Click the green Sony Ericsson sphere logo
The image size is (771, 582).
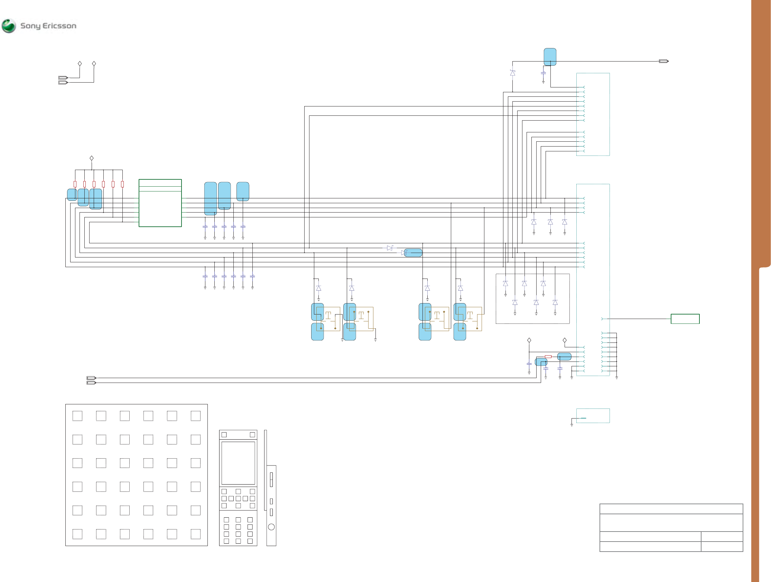[x=9, y=26]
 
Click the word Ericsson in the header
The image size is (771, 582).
[x=59, y=26]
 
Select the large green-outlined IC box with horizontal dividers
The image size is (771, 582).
[x=160, y=203]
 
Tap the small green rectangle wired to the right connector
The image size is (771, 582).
[x=685, y=319]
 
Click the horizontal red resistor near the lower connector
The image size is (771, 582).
[x=548, y=357]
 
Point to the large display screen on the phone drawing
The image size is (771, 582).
[x=238, y=463]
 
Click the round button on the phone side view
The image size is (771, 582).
[x=271, y=527]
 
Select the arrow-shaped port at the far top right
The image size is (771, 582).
[x=663, y=61]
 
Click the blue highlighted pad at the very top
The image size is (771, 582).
[x=550, y=56]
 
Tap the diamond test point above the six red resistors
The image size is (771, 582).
[x=92, y=158]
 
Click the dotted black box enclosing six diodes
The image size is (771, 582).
[x=532, y=298]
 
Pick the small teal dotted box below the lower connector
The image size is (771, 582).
[x=593, y=415]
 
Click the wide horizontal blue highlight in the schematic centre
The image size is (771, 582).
[x=414, y=253]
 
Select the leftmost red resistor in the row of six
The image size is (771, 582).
[x=75, y=184]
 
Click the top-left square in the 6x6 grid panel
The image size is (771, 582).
[x=77, y=416]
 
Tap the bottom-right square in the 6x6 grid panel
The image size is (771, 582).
[x=196, y=534]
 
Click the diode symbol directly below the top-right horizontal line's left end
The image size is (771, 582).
[x=512, y=73]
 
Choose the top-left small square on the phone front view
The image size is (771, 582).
[x=224, y=434]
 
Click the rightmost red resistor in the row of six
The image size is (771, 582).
[x=122, y=184]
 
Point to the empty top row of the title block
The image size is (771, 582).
[x=671, y=509]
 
